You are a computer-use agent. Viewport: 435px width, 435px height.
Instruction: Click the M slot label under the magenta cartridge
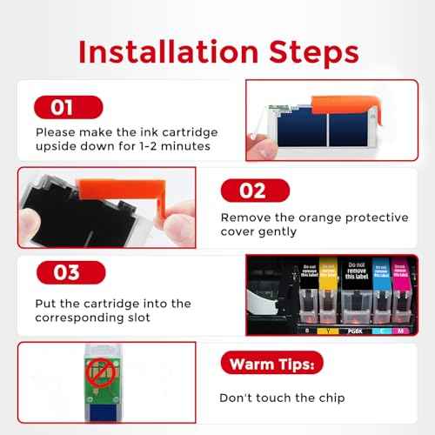(x=402, y=330)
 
